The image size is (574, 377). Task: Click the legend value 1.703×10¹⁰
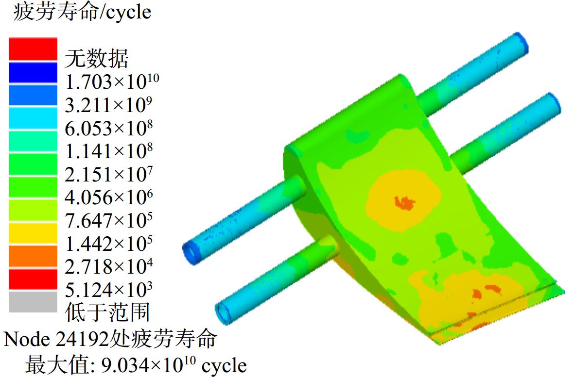(112, 82)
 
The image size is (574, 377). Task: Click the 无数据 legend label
(97, 58)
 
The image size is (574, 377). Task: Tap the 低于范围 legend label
(107, 312)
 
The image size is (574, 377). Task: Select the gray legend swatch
(33, 301)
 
